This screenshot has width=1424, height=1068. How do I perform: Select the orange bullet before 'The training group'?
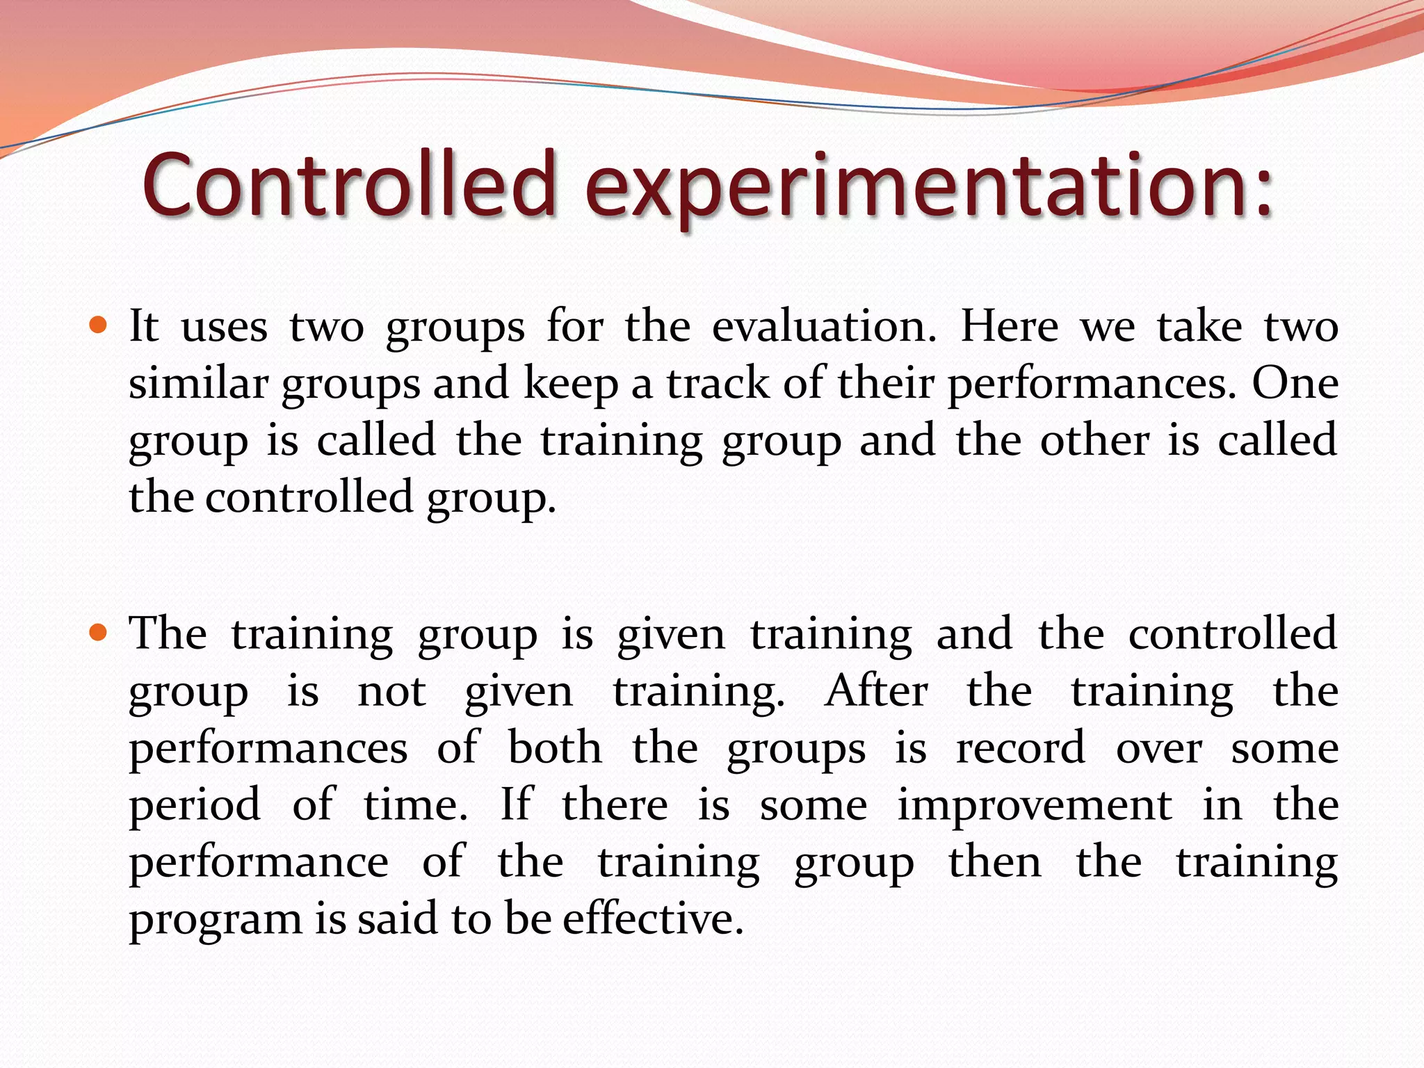pos(99,632)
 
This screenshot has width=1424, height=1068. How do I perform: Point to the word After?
pos(876,691)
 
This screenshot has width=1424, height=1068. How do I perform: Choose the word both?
pos(555,748)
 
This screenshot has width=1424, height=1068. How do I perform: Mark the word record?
pos(1020,748)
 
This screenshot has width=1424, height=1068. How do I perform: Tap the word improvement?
pos(1035,805)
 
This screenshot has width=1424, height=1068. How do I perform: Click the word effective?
pos(652,918)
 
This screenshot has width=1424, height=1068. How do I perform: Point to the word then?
pos(995,862)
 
